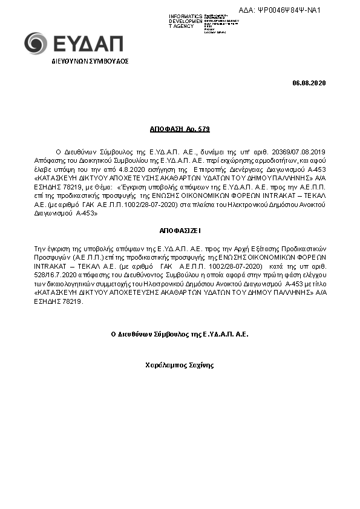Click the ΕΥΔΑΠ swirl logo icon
click(35, 43)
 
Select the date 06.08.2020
click(309, 82)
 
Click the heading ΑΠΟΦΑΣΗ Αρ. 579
click(180, 129)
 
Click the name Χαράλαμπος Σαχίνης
click(180, 365)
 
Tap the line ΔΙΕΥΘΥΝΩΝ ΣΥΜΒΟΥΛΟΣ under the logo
click(90, 61)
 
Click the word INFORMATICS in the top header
click(186, 16)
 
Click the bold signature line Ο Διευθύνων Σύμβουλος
click(180, 334)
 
